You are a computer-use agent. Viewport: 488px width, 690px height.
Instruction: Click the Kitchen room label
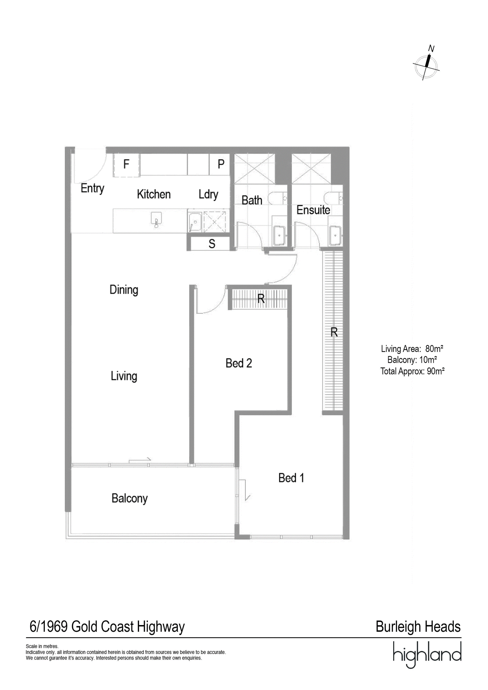pyautogui.click(x=153, y=194)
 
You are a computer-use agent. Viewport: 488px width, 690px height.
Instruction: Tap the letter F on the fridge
pyautogui.click(x=126, y=164)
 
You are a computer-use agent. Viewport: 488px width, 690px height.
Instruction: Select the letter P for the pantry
pyautogui.click(x=221, y=164)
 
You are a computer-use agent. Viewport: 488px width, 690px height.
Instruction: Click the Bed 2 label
pyautogui.click(x=239, y=363)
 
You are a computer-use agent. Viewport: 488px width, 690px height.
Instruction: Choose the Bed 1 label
pyautogui.click(x=291, y=478)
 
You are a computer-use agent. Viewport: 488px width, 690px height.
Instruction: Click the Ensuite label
pyautogui.click(x=313, y=210)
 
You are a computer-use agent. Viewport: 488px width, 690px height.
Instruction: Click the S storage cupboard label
pyautogui.click(x=212, y=244)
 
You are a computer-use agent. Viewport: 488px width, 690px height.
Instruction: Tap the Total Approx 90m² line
pyautogui.click(x=412, y=371)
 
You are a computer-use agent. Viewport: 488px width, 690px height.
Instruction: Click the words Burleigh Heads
pyautogui.click(x=418, y=627)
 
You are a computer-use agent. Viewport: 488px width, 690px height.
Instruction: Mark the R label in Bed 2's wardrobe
pyautogui.click(x=261, y=299)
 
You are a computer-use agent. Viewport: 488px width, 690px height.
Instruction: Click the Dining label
pyautogui.click(x=124, y=290)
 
